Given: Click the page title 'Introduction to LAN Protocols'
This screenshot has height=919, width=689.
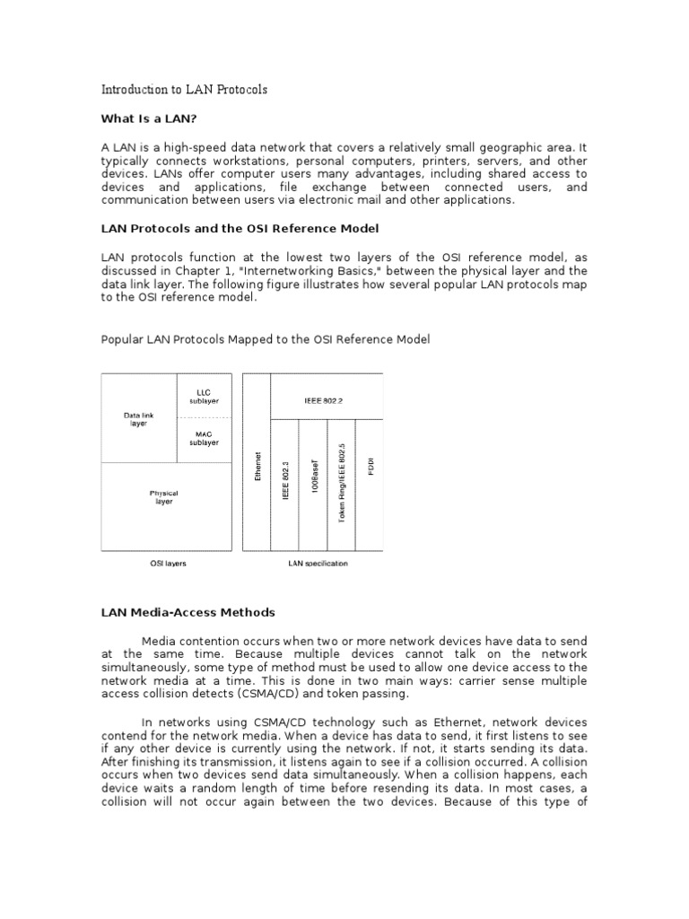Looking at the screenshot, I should coord(184,91).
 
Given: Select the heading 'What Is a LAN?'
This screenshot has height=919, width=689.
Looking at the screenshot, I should coord(148,118).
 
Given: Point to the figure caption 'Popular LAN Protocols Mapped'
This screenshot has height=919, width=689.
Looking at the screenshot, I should coord(265,339).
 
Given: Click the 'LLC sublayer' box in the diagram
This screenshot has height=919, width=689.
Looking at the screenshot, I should coord(204,396).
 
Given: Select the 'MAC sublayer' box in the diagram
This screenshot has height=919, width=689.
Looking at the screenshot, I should coord(204,439).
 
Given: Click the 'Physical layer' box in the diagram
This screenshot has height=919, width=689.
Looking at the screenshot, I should coord(164,497).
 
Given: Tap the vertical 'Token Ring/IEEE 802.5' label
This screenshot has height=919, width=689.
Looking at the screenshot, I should coord(341,485).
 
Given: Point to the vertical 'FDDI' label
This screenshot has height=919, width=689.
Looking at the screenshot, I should coord(369,467).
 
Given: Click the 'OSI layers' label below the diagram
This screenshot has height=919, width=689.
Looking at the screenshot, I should coord(167,564).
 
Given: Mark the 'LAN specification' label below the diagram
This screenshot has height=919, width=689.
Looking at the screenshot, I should coord(318,564).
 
